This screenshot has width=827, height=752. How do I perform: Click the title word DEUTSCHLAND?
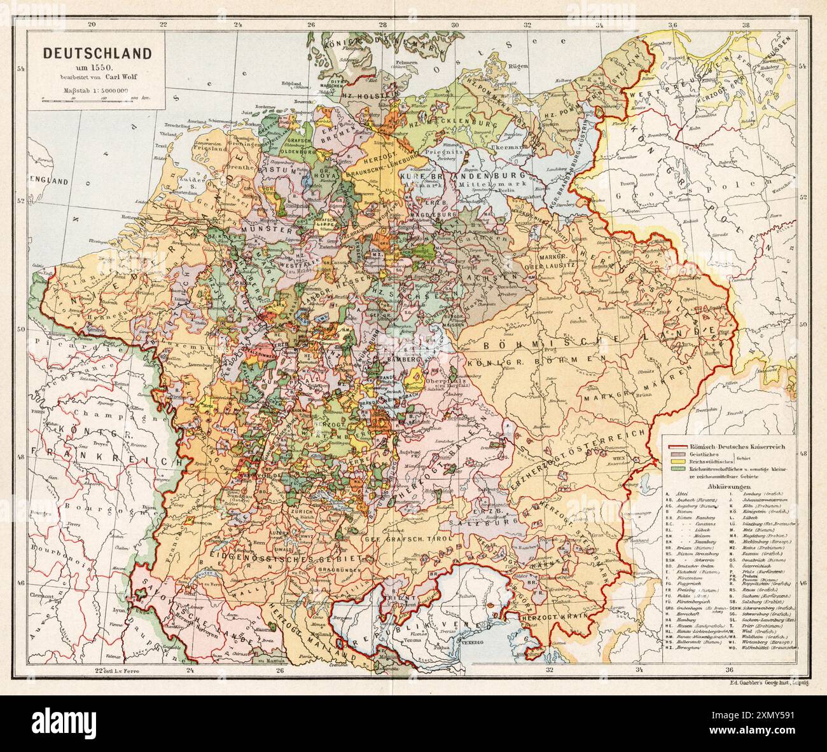[97, 53]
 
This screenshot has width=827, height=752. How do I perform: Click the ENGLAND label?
[52, 181]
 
